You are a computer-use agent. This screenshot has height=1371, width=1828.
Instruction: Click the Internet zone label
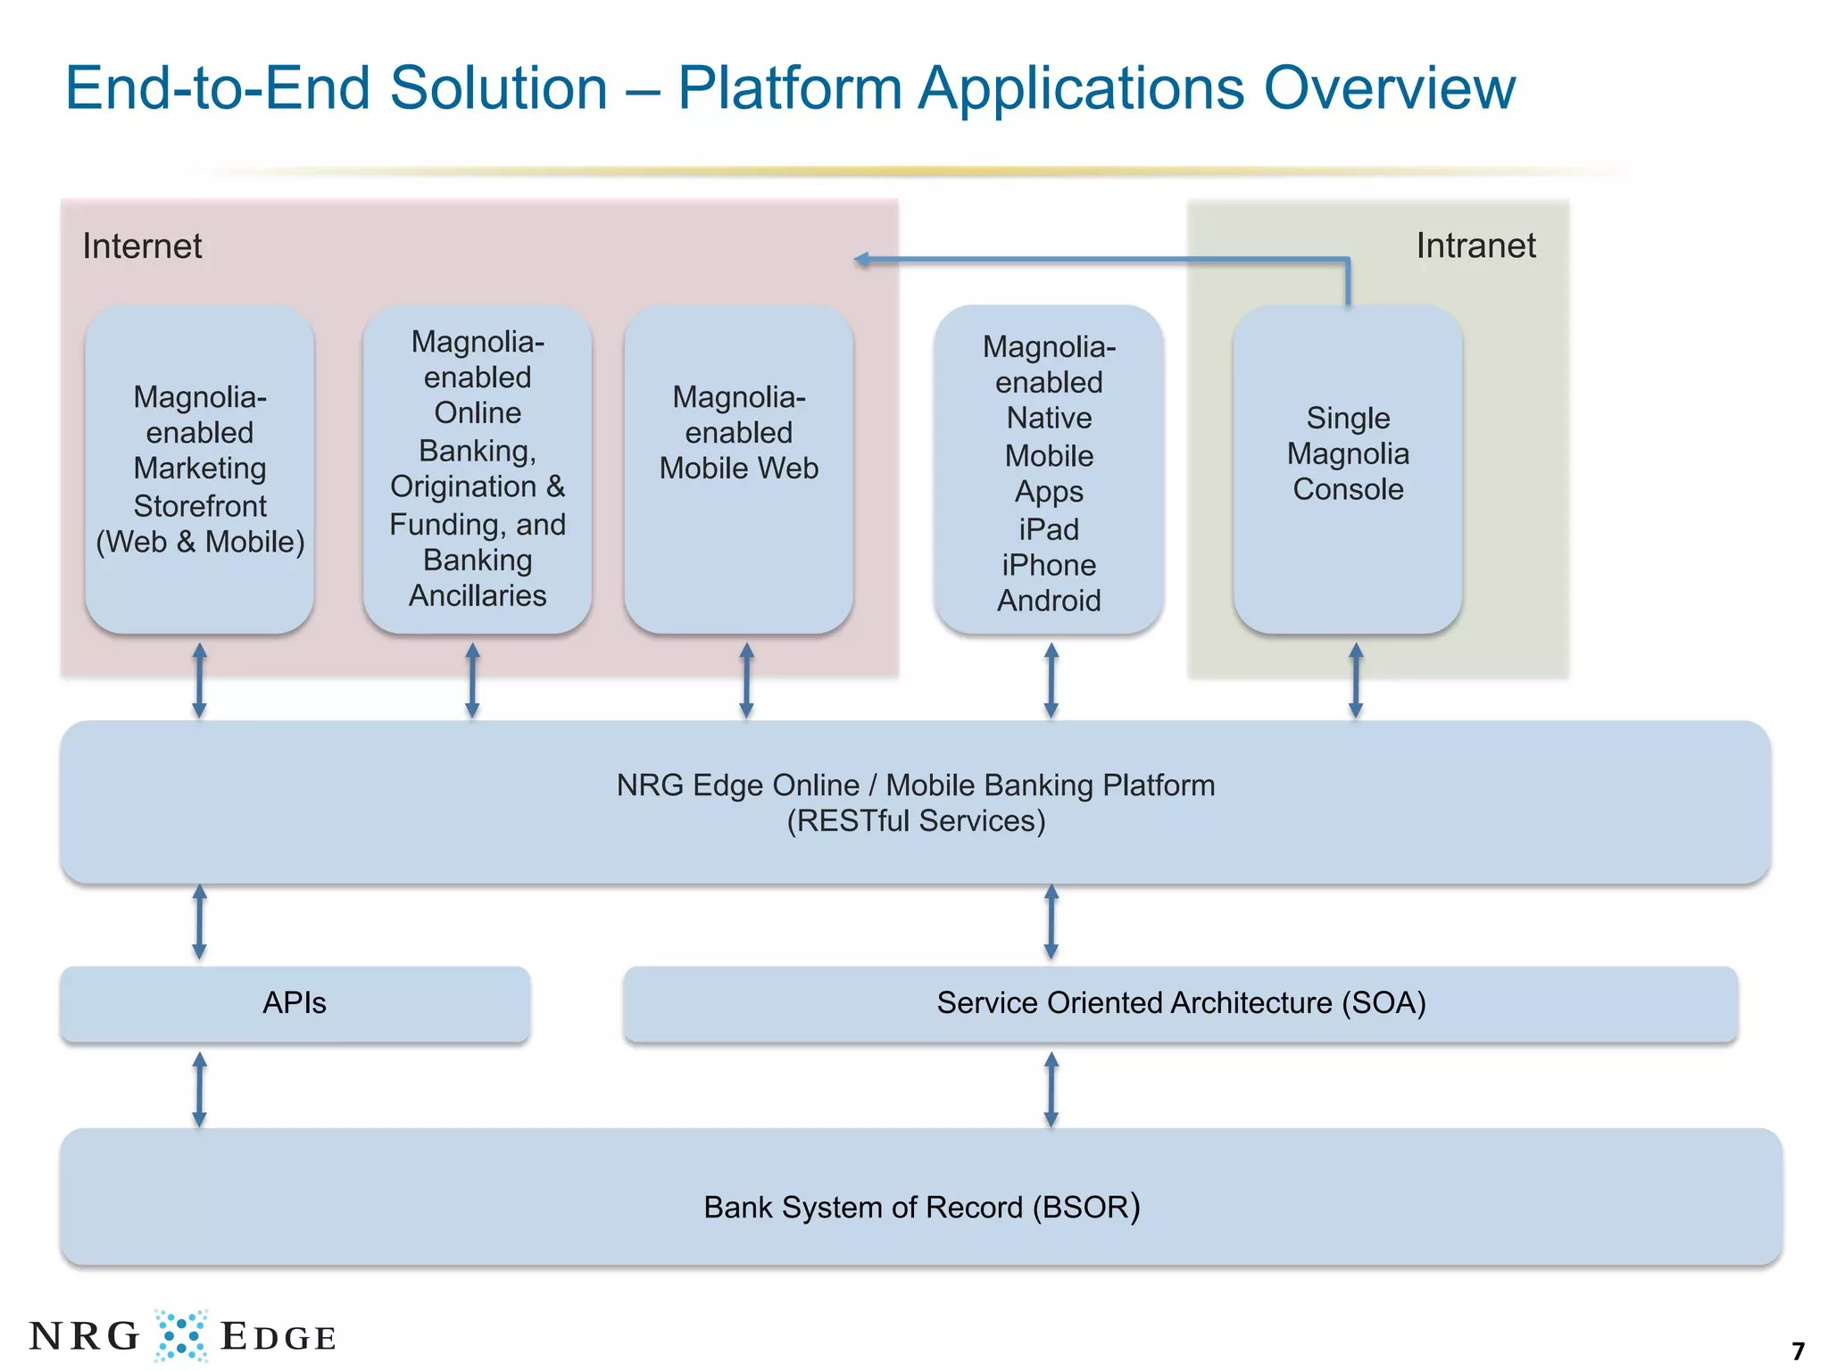(142, 246)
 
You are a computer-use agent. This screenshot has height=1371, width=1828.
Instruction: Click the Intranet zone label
(1475, 245)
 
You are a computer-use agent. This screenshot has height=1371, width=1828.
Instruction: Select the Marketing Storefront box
(200, 469)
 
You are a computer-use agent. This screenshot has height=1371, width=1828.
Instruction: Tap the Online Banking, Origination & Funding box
(478, 469)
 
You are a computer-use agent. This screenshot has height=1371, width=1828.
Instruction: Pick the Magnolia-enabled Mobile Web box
(739, 469)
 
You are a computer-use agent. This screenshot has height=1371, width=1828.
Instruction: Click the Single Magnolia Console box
(1348, 469)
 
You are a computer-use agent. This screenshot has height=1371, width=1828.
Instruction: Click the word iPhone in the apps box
(1049, 565)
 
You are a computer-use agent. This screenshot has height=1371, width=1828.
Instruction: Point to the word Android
(1049, 601)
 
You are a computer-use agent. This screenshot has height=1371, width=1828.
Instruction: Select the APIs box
(295, 1003)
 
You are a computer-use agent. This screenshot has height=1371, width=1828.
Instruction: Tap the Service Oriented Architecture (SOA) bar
(1181, 1003)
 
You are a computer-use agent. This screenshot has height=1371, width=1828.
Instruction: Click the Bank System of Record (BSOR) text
(921, 1207)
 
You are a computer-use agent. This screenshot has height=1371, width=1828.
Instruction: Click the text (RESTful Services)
(916, 821)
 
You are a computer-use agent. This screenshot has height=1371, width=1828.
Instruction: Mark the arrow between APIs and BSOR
(200, 1089)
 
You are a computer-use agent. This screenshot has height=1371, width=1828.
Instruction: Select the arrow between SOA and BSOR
(1051, 1089)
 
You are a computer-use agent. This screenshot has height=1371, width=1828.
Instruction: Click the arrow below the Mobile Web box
(747, 680)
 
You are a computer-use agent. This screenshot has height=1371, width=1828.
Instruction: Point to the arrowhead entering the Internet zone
(861, 260)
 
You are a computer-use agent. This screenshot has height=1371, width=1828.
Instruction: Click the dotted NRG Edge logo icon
(181, 1335)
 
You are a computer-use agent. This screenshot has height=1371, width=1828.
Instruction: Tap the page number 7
(1799, 1350)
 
